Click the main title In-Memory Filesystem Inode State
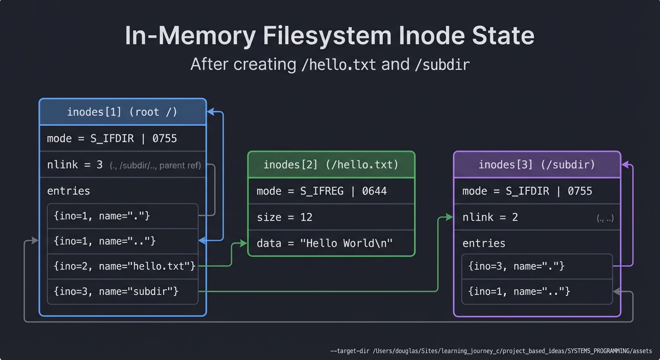click(x=330, y=36)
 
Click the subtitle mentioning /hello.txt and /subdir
click(x=330, y=64)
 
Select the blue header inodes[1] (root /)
click(x=122, y=112)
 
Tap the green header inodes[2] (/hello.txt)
click(x=331, y=165)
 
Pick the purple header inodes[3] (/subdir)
click(x=537, y=165)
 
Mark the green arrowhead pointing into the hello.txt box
click(x=243, y=243)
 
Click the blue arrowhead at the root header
click(x=210, y=112)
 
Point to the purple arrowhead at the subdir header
click(x=625, y=165)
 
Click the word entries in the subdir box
click(x=483, y=243)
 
